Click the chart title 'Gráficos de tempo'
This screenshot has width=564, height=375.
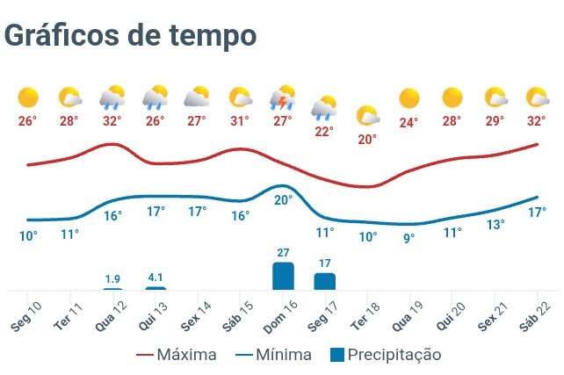point(130,35)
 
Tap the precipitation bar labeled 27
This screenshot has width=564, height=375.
point(283,276)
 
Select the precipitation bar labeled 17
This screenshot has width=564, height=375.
point(325,281)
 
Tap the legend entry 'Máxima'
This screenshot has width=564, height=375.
point(177,355)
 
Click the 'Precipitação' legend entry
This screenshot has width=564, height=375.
point(384,355)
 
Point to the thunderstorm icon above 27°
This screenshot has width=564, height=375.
point(282,97)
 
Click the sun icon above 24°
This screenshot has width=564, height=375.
point(409,97)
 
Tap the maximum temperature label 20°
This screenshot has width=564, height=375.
point(367,139)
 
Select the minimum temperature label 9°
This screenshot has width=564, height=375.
point(409,237)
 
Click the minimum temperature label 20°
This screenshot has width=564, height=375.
point(283,199)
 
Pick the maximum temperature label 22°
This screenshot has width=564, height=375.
point(325,132)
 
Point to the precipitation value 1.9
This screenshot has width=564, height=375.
point(112,278)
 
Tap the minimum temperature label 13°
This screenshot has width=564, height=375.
point(495,225)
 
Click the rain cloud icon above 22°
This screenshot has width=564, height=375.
point(325,107)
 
